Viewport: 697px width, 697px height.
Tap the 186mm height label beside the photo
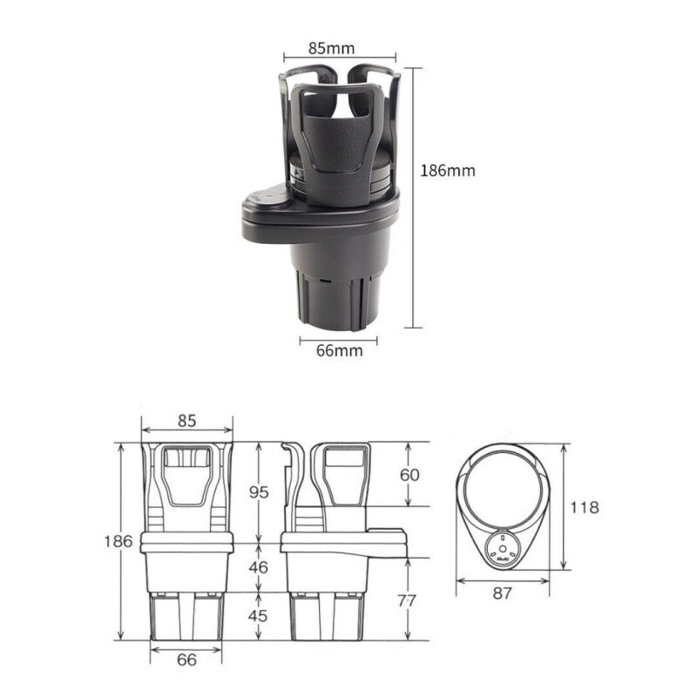[x=448, y=171]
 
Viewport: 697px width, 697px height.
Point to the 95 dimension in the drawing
[x=260, y=492]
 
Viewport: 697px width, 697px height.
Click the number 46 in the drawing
[x=260, y=567]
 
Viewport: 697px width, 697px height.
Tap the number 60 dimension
[x=410, y=475]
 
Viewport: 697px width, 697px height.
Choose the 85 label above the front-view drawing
[x=186, y=420]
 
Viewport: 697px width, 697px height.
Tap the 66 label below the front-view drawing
[x=186, y=659]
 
